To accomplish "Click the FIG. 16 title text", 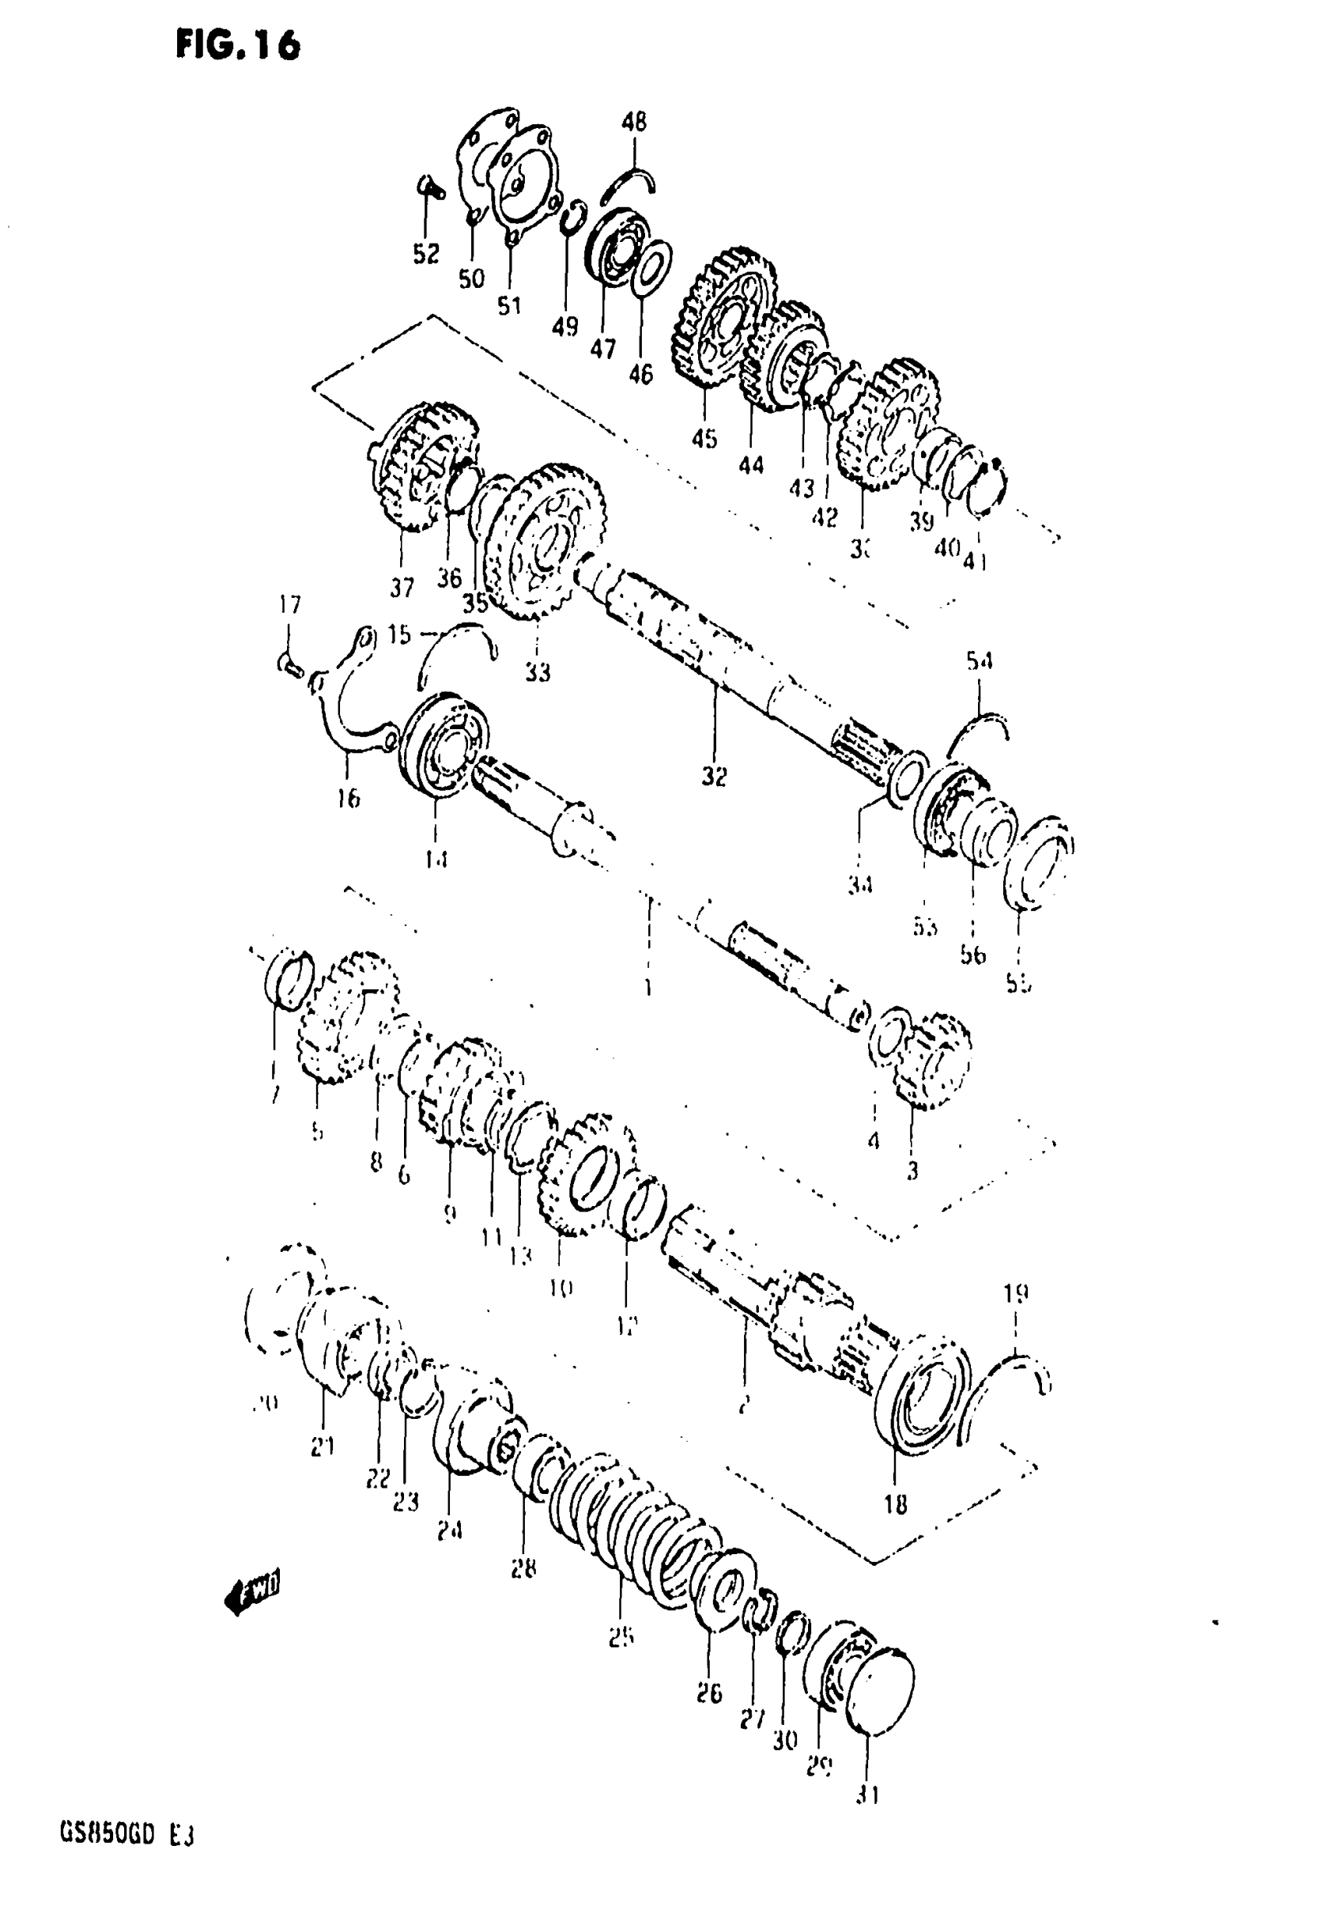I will click(x=237, y=45).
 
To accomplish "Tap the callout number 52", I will click(x=426, y=253).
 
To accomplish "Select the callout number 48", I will click(x=634, y=123).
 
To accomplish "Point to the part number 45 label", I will click(x=704, y=438).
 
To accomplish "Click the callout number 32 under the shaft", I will click(x=714, y=776).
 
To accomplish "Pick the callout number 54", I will click(x=979, y=661).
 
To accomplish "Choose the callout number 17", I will click(x=289, y=605).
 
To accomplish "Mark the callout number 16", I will click(x=349, y=799).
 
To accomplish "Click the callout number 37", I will click(x=402, y=588).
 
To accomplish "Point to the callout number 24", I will click(x=450, y=1530).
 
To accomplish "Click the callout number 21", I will click(x=323, y=1447).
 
